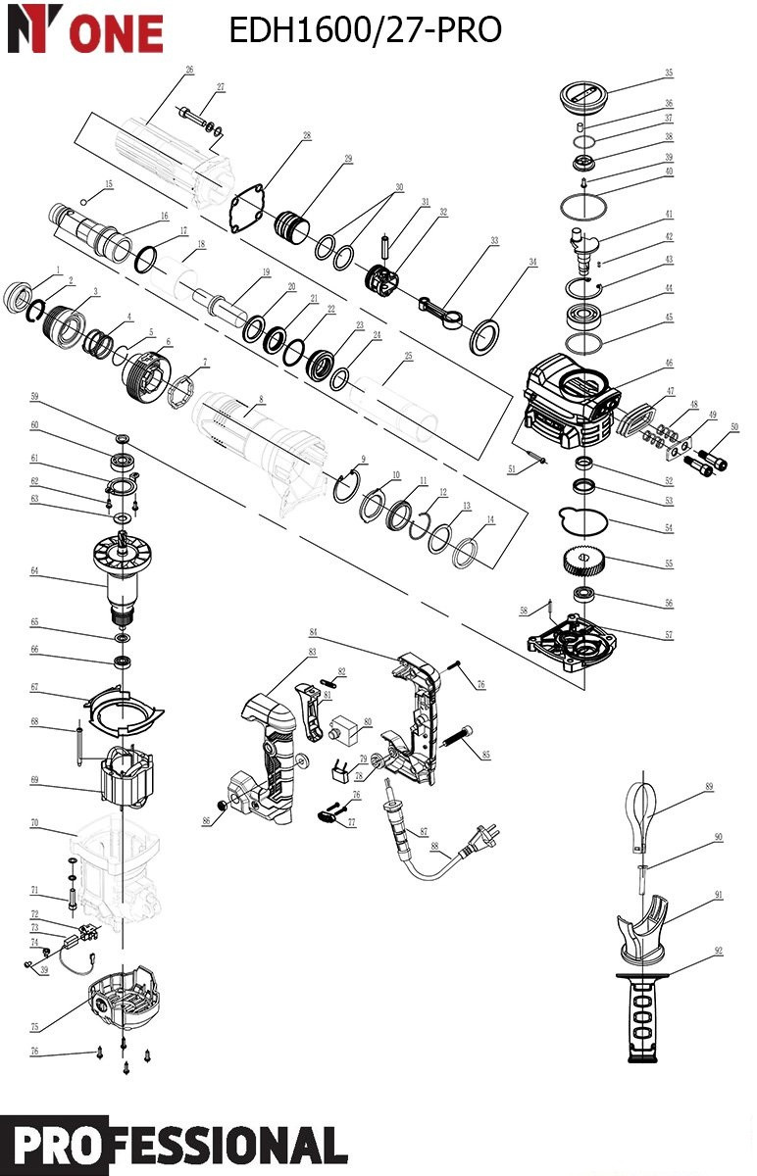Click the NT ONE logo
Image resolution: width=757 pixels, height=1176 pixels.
tap(85, 29)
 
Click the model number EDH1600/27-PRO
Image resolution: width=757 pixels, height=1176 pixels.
tap(365, 30)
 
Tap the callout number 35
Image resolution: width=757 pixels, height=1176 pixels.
tap(669, 73)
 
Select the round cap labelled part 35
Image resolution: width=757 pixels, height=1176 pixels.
tap(584, 98)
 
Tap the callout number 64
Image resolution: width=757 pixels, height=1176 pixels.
tap(34, 569)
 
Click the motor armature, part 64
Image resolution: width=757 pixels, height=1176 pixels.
tap(126, 578)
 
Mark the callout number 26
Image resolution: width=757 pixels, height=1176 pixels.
tap(189, 70)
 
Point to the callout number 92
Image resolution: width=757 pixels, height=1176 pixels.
tap(719, 951)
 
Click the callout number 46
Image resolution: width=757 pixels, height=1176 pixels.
tap(669, 364)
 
